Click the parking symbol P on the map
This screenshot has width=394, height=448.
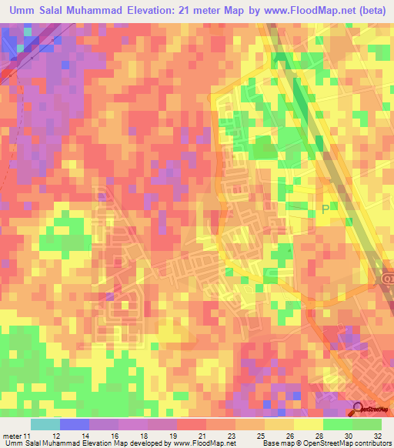coord(326,208)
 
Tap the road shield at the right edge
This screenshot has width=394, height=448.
coord(387,283)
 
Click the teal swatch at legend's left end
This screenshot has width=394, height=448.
coord(45,424)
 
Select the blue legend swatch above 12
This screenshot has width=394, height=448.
coord(74,424)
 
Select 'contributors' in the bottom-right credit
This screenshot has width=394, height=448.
coord(372,443)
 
